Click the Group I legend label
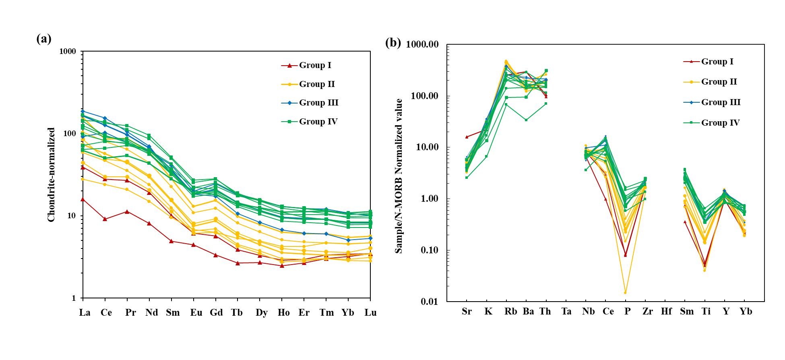[x=315, y=65]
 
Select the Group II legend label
[x=317, y=84]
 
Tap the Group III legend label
[x=318, y=103]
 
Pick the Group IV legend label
[x=318, y=122]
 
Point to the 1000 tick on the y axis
[x=68, y=51]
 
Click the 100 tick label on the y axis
[x=70, y=133]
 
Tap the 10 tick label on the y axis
[x=71, y=215]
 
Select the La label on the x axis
[x=85, y=312]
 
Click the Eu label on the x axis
[x=196, y=312]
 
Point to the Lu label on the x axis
[x=370, y=312]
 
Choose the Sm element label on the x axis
[x=173, y=312]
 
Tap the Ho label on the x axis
[x=283, y=312]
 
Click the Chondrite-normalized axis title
[x=51, y=175]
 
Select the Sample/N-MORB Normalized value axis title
[x=399, y=176]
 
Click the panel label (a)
[x=44, y=39]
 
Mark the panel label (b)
[x=393, y=43]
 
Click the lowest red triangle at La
[x=83, y=199]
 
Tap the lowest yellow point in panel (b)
[x=625, y=292]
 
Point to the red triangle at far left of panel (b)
[x=467, y=137]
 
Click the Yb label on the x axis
[x=348, y=312]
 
